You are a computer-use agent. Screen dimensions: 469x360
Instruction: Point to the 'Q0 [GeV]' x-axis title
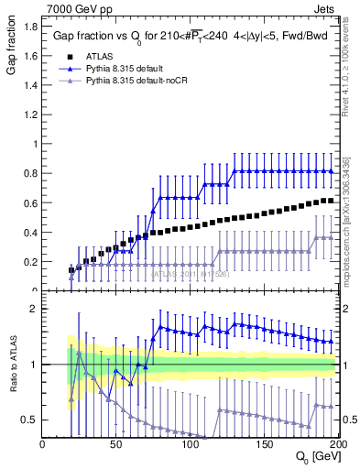(x=316, y=457)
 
